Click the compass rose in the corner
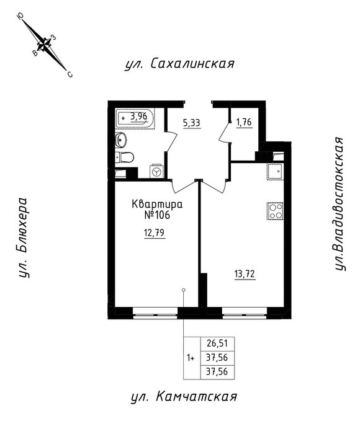[x=44, y=44]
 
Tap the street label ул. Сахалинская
[x=179, y=64]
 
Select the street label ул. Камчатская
[x=184, y=397]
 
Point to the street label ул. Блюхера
[x=24, y=237]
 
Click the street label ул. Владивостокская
[x=340, y=204]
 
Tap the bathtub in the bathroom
[x=135, y=119]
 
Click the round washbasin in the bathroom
[x=121, y=139]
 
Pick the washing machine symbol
[x=157, y=171]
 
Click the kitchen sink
[x=275, y=172]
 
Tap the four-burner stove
[x=275, y=211]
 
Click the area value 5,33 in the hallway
[x=192, y=123]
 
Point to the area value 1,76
[x=244, y=122]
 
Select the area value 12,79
[x=155, y=233]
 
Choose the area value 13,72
[x=245, y=275]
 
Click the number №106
[x=157, y=215]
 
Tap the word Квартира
[x=157, y=205]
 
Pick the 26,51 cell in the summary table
[x=217, y=343]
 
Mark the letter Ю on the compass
[x=20, y=17]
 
